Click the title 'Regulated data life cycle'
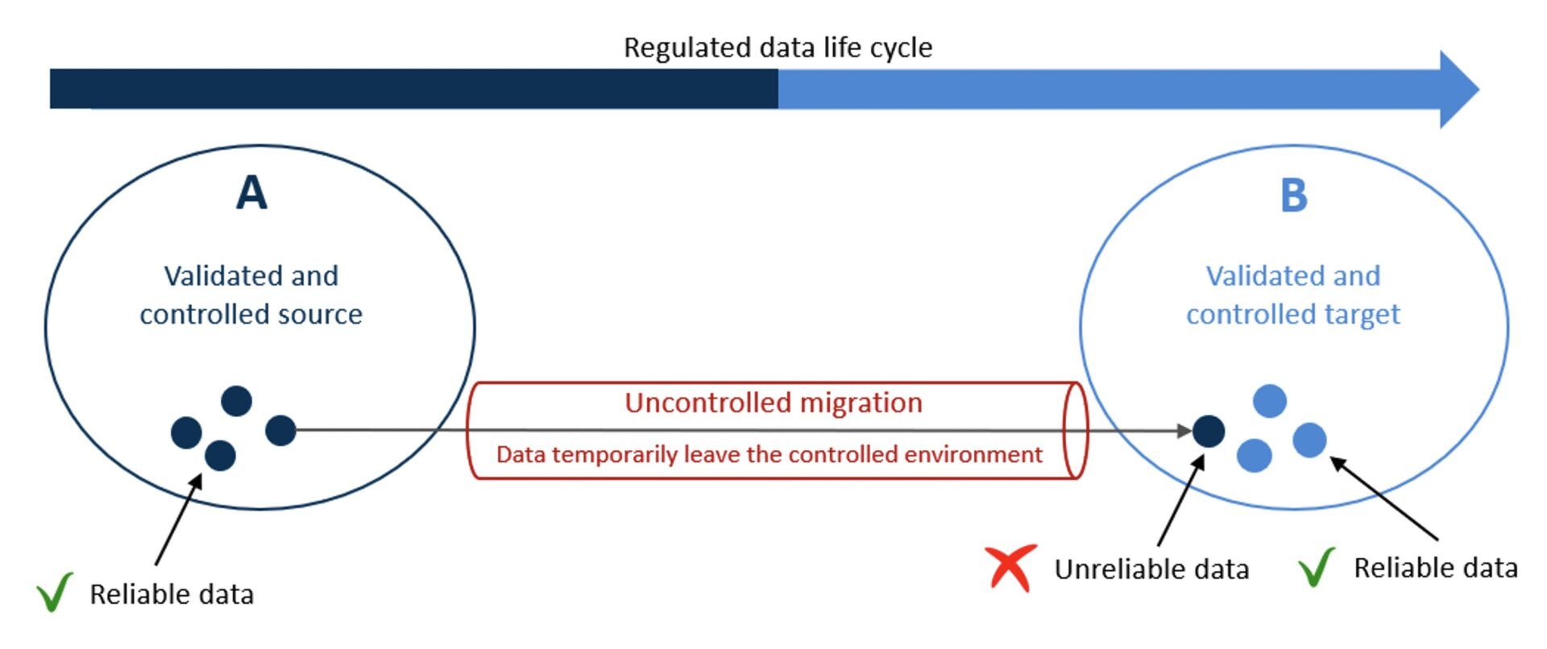click(778, 48)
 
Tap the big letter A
click(251, 193)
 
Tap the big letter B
click(1294, 195)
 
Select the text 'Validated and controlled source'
click(251, 295)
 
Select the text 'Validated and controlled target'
click(1293, 295)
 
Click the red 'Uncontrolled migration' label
click(773, 403)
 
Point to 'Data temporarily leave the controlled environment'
click(769, 455)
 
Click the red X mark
click(1010, 568)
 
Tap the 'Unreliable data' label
click(1152, 569)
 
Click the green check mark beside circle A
click(54, 592)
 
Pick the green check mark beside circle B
click(1317, 567)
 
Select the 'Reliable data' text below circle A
click(172, 594)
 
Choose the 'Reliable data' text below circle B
click(1436, 568)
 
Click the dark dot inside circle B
click(1209, 432)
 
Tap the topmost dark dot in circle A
click(236, 401)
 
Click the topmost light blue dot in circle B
click(1270, 401)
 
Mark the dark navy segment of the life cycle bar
click(414, 89)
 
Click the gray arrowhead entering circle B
click(1184, 431)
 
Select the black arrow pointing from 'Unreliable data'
click(1181, 500)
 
